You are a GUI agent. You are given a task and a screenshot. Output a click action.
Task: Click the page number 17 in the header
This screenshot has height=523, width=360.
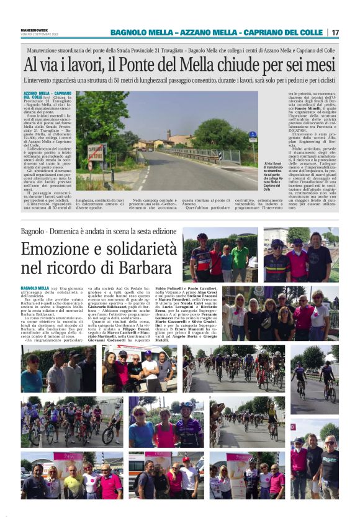[x=335, y=32]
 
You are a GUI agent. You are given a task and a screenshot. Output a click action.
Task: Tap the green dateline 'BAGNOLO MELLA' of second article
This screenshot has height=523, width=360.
[x=35, y=288]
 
